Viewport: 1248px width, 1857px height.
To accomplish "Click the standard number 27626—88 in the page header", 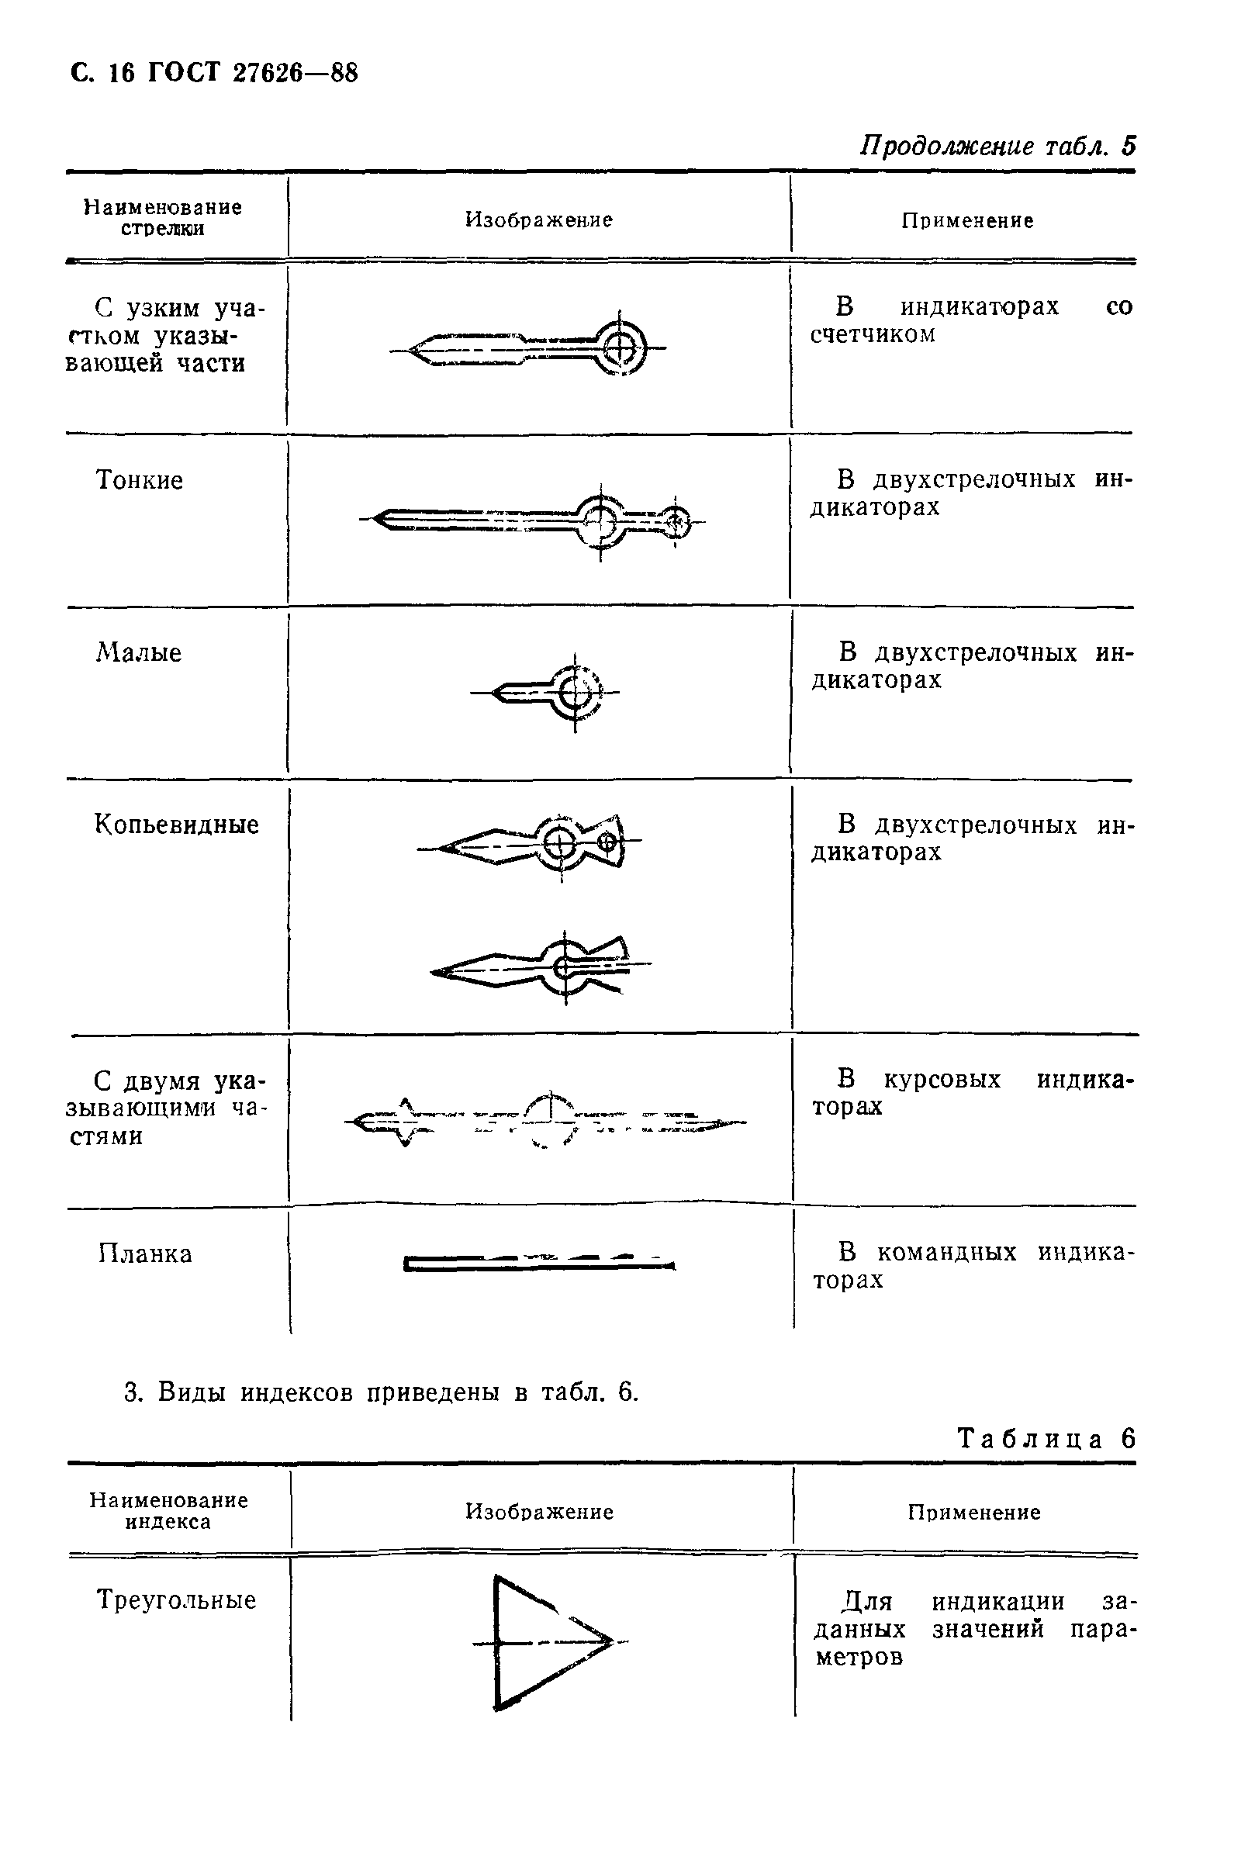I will point(296,73).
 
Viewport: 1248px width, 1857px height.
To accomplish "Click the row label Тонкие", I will point(140,480).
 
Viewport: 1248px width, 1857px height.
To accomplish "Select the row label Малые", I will point(140,652).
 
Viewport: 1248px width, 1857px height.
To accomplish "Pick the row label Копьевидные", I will point(177,825).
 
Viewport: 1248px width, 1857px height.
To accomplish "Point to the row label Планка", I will point(146,1254).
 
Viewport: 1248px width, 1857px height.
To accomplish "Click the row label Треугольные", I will point(177,1600).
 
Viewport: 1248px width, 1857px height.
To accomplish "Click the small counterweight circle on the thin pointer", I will point(676,522).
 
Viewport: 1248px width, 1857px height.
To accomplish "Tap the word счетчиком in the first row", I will point(873,334).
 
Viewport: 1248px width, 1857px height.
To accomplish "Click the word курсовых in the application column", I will point(942,1079).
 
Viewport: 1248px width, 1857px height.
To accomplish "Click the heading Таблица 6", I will point(1046,1438).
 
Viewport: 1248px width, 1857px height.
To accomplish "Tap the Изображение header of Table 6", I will point(539,1512).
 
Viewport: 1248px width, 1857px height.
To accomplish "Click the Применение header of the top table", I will point(967,221).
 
